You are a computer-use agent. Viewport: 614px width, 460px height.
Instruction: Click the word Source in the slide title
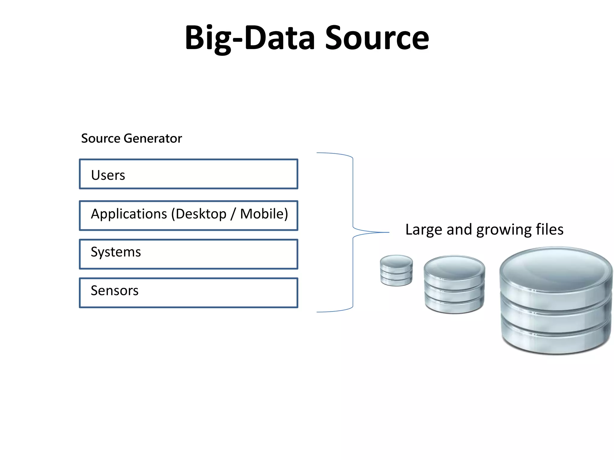pyautogui.click(x=377, y=38)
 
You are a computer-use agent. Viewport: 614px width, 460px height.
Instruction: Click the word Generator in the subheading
pyautogui.click(x=153, y=138)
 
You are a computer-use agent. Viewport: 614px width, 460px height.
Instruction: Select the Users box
pyautogui.click(x=188, y=174)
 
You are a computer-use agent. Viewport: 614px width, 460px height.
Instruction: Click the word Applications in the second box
pyautogui.click(x=129, y=214)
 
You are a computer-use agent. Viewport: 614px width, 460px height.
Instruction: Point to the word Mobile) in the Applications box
pyautogui.click(x=264, y=214)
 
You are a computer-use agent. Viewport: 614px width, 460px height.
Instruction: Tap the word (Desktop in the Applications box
pyautogui.click(x=198, y=214)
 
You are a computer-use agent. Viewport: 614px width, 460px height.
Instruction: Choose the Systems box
pyautogui.click(x=188, y=254)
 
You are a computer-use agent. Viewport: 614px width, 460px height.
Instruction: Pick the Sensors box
pyautogui.click(x=188, y=293)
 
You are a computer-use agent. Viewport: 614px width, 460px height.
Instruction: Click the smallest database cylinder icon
pyautogui.click(x=396, y=270)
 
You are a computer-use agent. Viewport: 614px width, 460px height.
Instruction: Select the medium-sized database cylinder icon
pyautogui.click(x=454, y=285)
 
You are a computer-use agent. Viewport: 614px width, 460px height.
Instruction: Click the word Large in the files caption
pyautogui.click(x=423, y=230)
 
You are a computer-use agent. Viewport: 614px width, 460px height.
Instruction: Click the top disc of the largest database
pyautogui.click(x=556, y=270)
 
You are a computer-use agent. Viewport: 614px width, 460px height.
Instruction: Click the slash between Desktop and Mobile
pyautogui.click(x=233, y=214)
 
